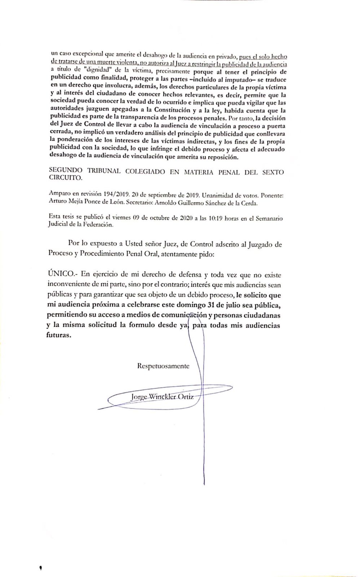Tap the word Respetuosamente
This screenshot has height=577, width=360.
coord(163,366)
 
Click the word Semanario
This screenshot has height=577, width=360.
coord(270,218)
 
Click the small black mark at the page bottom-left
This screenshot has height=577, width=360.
coord(40,569)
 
